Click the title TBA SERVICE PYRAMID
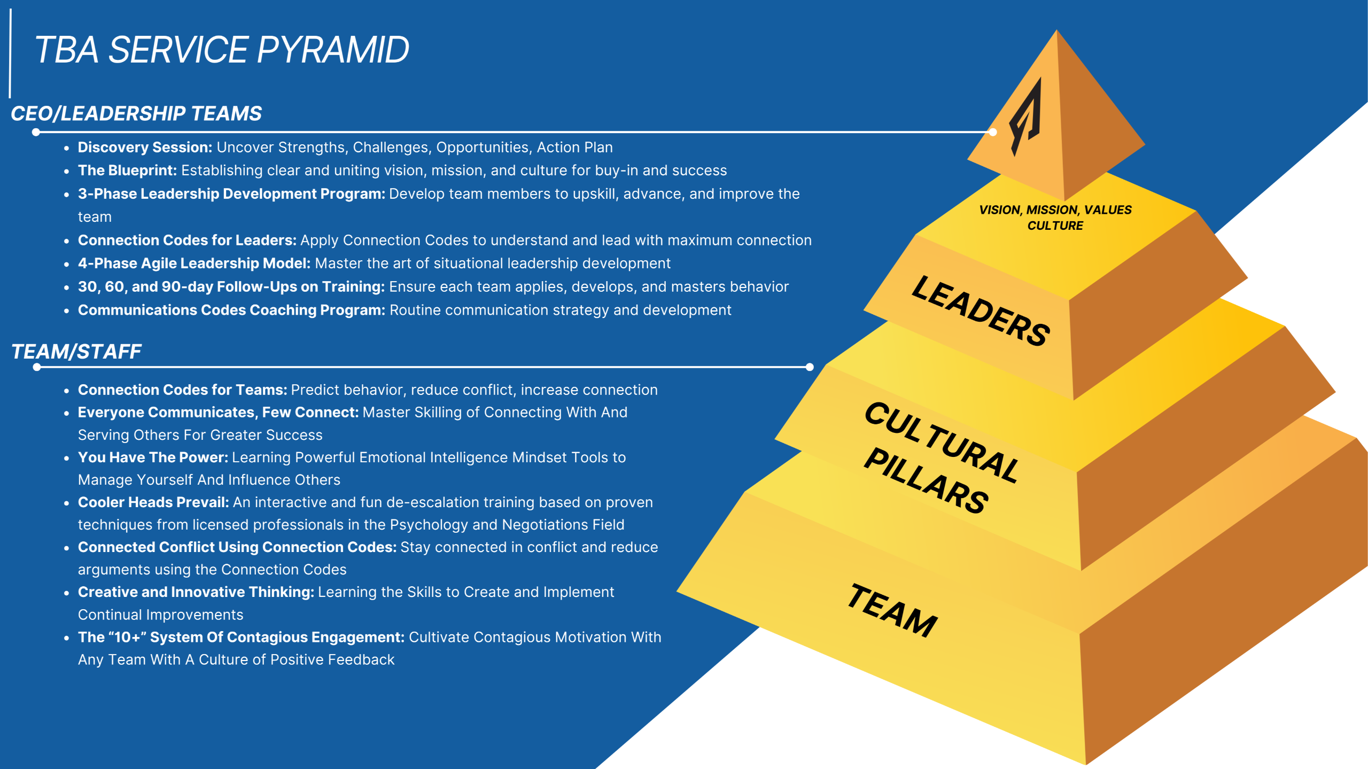(221, 50)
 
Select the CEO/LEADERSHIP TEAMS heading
(136, 113)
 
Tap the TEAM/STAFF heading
(76, 351)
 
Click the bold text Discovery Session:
(145, 147)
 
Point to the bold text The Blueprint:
(127, 170)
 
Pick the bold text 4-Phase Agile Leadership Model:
(194, 263)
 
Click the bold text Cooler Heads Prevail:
(153, 502)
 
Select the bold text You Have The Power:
(153, 457)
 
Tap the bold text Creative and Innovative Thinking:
(196, 592)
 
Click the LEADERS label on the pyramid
(981, 311)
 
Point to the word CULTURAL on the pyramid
(942, 442)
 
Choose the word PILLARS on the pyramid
(926, 481)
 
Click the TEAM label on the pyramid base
(892, 610)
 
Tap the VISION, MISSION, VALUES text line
(1055, 210)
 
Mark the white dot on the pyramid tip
(993, 132)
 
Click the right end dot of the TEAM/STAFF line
(810, 367)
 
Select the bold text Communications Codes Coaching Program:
(231, 310)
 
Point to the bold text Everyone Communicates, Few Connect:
(218, 413)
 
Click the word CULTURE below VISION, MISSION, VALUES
(1055, 226)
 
